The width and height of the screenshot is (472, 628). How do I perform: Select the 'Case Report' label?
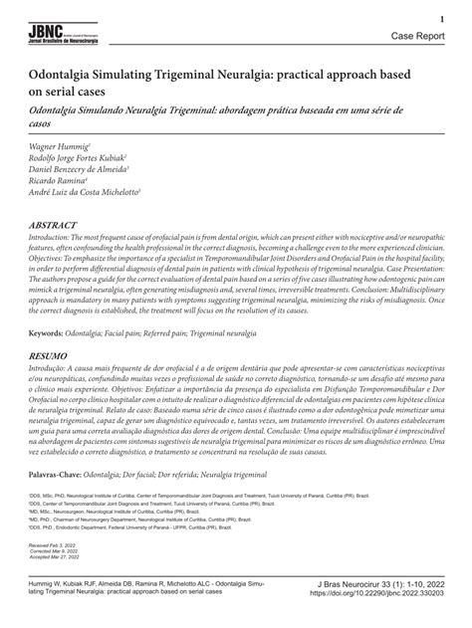tap(418, 35)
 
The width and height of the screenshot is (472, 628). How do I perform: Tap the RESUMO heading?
tap(49, 354)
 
